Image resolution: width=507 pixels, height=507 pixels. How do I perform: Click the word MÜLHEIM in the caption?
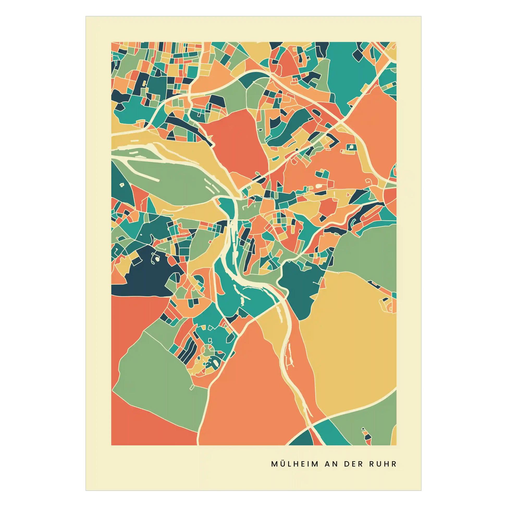295,464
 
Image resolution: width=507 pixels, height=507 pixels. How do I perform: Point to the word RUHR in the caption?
383,464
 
